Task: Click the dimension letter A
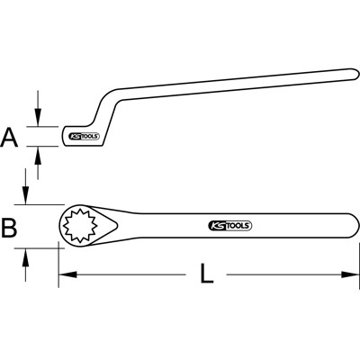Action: [x=11, y=137]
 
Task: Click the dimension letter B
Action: [x=10, y=229]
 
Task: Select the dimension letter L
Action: [x=207, y=274]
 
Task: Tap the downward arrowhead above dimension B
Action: [x=27, y=200]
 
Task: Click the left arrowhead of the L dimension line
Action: [x=64, y=273]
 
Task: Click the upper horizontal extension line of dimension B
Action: [x=40, y=204]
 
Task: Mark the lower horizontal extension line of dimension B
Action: [x=40, y=247]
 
